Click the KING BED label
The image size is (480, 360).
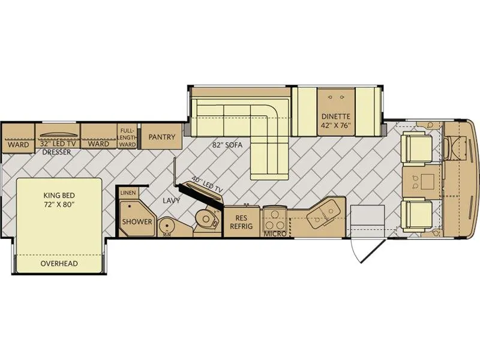pyautogui.click(x=59, y=195)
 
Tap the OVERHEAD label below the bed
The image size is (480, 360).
pyautogui.click(x=59, y=263)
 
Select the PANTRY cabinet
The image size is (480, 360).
pyautogui.click(x=161, y=136)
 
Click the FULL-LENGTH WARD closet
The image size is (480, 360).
pyautogui.click(x=127, y=136)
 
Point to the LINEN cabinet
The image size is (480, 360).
pyautogui.click(x=128, y=193)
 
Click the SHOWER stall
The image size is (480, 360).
pyautogui.click(x=137, y=218)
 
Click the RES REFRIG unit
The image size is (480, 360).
pyautogui.click(x=242, y=221)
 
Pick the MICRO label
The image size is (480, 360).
pyautogui.click(x=275, y=234)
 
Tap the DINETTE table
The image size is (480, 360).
pyautogui.click(x=336, y=112)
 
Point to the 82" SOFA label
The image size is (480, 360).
pyautogui.click(x=227, y=145)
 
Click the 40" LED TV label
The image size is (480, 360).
pyautogui.click(x=207, y=185)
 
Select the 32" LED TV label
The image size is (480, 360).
pyautogui.click(x=58, y=143)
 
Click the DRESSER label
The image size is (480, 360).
pyautogui.click(x=56, y=152)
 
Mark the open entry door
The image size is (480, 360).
pyautogui.click(x=367, y=250)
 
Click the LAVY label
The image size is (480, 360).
pyautogui.click(x=171, y=200)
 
